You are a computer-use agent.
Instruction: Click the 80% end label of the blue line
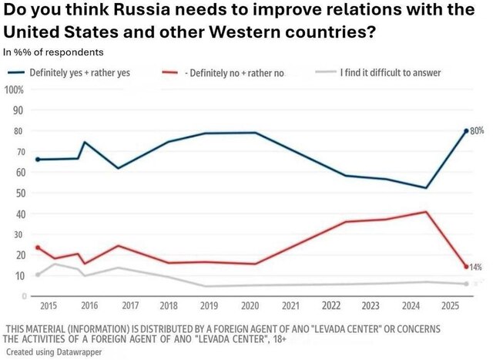[x=477, y=131]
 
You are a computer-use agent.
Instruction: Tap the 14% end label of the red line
[x=475, y=267]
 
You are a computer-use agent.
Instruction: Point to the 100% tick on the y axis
[x=13, y=89]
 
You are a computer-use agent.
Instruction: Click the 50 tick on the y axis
[x=17, y=193]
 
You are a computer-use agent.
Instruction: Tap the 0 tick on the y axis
[x=24, y=296]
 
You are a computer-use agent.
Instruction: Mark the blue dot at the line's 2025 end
[x=466, y=131]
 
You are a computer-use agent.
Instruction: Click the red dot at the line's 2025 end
[x=466, y=267]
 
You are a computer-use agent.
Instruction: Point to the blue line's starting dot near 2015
[x=38, y=160]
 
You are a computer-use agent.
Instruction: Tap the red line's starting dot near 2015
[x=38, y=247]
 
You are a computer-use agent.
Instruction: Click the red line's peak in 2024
[x=426, y=211]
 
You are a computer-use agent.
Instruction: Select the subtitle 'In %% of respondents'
[x=54, y=52]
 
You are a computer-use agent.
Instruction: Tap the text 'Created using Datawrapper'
[x=54, y=352]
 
